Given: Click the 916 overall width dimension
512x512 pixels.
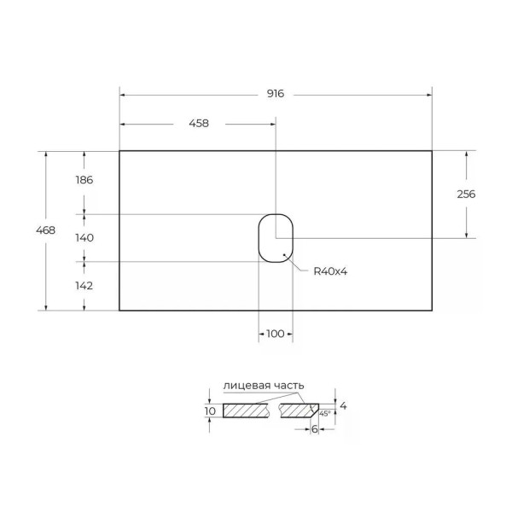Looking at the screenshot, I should tap(275, 94).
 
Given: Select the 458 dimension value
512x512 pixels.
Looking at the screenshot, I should tap(197, 123).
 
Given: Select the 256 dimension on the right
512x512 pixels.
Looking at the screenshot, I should tap(466, 194).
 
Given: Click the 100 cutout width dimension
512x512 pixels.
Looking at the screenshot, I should tap(275, 334).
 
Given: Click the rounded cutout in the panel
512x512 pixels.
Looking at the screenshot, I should tap(276, 236).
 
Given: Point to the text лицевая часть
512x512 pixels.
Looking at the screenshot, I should tap(263, 386).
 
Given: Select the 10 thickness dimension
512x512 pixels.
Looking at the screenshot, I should tap(210, 411).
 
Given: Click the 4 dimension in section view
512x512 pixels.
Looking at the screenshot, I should tap(343, 406).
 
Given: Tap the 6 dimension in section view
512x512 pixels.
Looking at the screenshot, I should tap(314, 429).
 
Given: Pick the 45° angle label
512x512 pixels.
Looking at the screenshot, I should tap(324, 413).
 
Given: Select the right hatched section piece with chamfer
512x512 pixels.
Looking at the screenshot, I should tap(298, 410).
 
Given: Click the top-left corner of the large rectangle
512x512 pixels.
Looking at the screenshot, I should tap(119, 151).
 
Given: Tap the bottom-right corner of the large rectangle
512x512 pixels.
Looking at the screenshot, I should tap(432, 310).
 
